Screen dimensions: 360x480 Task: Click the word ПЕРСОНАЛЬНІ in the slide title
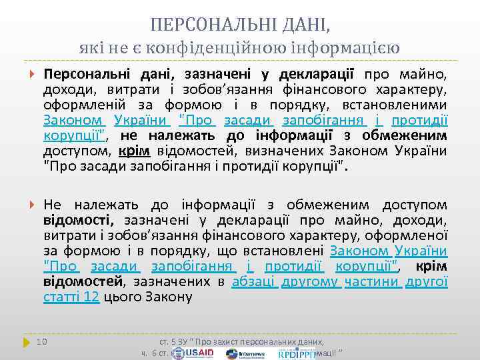(x=205, y=26)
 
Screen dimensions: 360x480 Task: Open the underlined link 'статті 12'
(x=71, y=297)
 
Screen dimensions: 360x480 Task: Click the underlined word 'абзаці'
(x=253, y=282)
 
